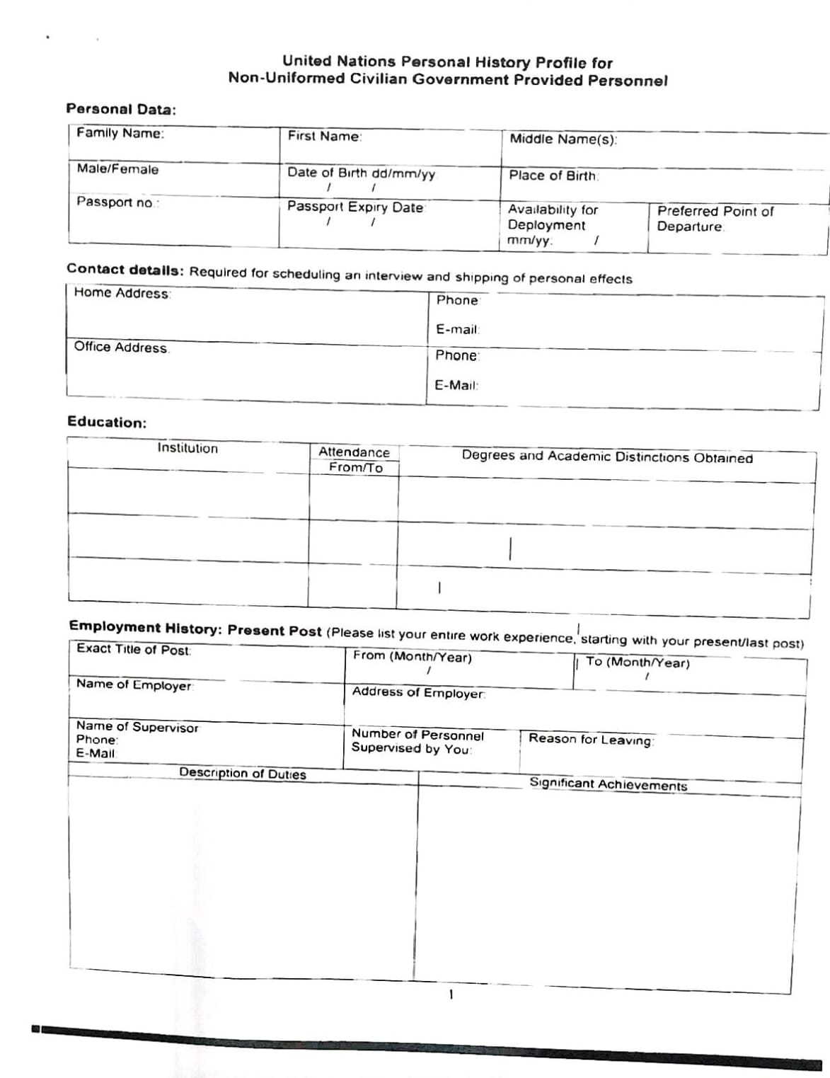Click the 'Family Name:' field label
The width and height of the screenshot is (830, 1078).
(120, 133)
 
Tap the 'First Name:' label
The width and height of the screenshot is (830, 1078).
(325, 137)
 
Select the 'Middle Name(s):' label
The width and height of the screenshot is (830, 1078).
(563, 139)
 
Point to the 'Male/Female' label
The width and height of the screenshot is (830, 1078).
(117, 169)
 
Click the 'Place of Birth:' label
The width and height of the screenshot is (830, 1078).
(553, 176)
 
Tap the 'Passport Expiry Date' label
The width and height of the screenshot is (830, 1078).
(355, 207)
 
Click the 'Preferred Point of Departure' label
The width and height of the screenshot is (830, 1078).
(715, 219)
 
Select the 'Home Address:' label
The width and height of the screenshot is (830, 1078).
(122, 293)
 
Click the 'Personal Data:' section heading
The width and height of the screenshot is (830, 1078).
(121, 109)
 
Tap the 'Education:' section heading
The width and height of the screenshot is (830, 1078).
(107, 422)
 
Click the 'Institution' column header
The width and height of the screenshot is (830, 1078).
(188, 448)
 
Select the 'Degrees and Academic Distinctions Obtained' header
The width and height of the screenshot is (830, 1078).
(607, 457)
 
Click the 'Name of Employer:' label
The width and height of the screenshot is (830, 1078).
(134, 685)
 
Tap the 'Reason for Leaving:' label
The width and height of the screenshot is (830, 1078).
(592, 739)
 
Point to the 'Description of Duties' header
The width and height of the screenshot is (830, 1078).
(243, 773)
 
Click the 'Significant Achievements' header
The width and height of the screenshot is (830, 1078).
(609, 784)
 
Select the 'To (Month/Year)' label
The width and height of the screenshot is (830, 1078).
(638, 663)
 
